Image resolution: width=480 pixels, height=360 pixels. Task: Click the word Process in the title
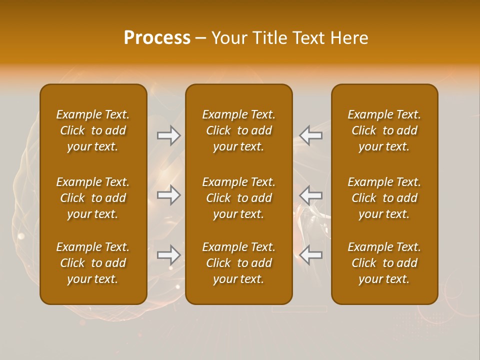(x=157, y=38)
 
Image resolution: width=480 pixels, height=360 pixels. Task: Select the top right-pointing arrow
(x=169, y=135)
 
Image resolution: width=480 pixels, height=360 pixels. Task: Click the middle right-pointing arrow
(x=169, y=194)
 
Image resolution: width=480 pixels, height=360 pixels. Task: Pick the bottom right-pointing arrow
(x=169, y=255)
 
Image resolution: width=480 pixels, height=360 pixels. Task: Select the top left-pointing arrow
(x=310, y=135)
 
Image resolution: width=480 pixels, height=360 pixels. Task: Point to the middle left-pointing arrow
(x=310, y=194)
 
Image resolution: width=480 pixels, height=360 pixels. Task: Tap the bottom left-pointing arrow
(x=310, y=255)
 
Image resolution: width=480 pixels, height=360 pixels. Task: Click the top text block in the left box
(x=93, y=130)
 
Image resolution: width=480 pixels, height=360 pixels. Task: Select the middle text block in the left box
(x=93, y=198)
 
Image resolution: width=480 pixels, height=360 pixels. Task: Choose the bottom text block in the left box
(x=93, y=263)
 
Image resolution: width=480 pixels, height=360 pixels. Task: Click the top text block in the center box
(x=239, y=130)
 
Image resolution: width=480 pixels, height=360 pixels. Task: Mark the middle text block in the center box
(x=239, y=198)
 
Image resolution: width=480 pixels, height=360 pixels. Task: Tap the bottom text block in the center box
(x=239, y=263)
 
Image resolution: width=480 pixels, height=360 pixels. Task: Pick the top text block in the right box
(x=384, y=130)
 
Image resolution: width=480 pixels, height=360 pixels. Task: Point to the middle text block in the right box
(x=384, y=198)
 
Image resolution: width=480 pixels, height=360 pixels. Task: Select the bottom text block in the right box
(x=384, y=263)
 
